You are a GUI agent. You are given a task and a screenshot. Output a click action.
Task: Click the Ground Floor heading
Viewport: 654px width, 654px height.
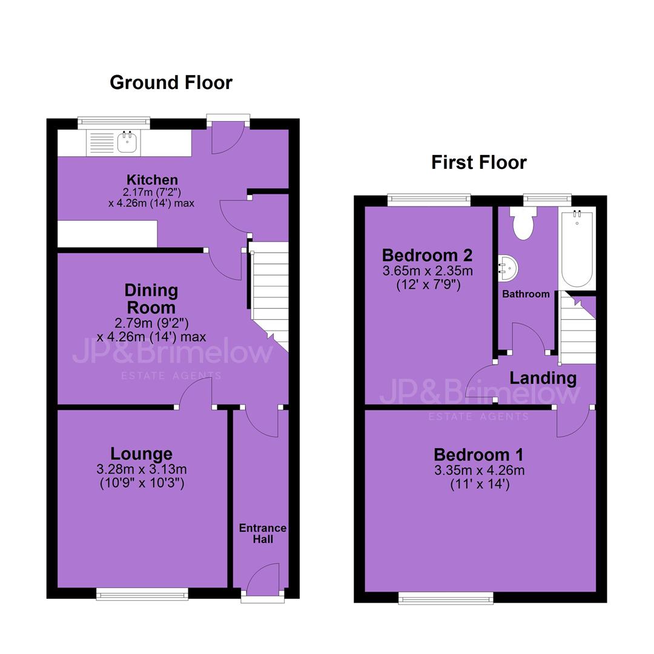[x=171, y=82]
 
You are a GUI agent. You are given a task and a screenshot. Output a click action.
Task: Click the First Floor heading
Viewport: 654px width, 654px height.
[x=479, y=162]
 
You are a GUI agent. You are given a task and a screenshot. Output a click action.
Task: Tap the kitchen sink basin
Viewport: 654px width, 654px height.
[x=127, y=142]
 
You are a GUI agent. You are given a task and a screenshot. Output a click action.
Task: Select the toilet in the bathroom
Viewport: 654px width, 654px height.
[x=523, y=223]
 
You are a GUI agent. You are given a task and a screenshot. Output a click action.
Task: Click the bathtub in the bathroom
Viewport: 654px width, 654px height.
[x=577, y=249]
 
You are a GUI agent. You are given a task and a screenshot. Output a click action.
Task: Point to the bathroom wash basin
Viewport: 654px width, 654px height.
[x=508, y=268]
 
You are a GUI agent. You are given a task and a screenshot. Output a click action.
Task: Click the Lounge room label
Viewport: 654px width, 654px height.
[x=141, y=454]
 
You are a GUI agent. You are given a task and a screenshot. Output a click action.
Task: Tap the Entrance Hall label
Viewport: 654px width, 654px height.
[x=263, y=533]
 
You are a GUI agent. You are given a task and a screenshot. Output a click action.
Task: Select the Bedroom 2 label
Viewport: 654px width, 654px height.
[x=427, y=255]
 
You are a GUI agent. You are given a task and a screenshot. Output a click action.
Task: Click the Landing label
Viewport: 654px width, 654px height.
[x=543, y=378]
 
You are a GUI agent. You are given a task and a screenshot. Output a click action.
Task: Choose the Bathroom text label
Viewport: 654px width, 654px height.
[x=526, y=294]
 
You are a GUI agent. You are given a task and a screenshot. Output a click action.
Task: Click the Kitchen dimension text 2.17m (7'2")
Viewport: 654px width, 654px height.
[x=152, y=193]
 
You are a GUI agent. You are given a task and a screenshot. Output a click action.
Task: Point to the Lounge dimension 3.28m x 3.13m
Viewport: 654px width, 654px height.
[x=142, y=469]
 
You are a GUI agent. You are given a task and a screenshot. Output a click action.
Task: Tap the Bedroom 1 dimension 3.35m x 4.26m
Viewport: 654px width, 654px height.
[x=479, y=471]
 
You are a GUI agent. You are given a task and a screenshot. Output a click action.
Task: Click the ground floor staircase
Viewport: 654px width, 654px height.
[x=269, y=296]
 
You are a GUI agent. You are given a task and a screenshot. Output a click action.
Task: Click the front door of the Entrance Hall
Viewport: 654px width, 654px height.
[x=263, y=580]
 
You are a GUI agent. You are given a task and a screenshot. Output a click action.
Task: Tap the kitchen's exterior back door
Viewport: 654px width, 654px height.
[x=228, y=137]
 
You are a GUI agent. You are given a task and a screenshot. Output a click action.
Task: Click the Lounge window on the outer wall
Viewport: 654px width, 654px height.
[x=142, y=594]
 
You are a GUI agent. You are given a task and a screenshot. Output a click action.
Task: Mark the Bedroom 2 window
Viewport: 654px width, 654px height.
[x=429, y=200]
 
